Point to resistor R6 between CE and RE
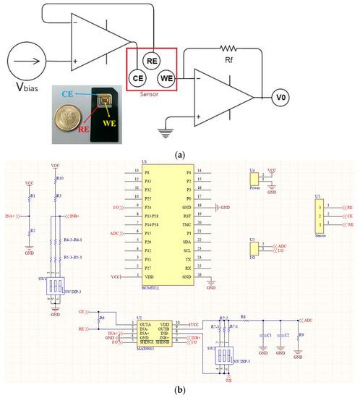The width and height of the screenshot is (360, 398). (x=101, y=318)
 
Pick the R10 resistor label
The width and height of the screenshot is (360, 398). (x=61, y=177)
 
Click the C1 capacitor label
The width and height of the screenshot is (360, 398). (x=269, y=335)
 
